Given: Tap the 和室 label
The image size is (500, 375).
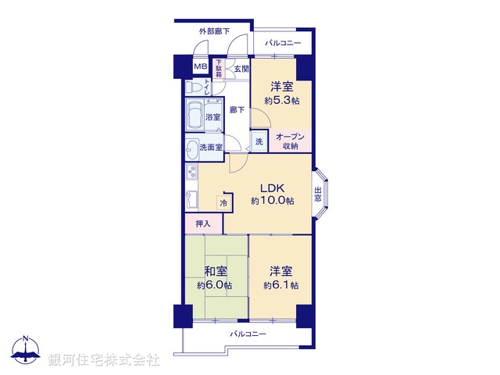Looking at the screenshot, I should tap(216, 271).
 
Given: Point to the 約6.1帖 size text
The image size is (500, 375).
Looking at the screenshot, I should tap(280, 285).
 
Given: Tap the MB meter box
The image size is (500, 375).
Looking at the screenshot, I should tap(201, 67).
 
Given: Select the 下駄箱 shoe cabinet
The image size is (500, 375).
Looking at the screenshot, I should tap(219, 68).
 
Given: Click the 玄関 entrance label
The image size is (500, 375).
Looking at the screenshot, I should tap(241, 68).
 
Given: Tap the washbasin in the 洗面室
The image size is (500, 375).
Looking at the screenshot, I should tap(192, 146).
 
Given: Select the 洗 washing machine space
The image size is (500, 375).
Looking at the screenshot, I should tap(259, 141).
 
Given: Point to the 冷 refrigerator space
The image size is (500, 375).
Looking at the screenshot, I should tap(225, 203).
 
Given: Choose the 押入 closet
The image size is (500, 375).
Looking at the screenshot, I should tap(203, 223).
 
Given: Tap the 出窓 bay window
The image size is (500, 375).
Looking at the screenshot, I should tap(319, 192).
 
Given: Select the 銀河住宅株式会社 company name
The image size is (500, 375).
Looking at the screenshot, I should tap(104, 360).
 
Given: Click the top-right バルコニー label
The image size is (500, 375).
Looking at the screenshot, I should tap(283, 43).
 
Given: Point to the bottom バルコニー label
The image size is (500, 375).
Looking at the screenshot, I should tap(248, 334).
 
